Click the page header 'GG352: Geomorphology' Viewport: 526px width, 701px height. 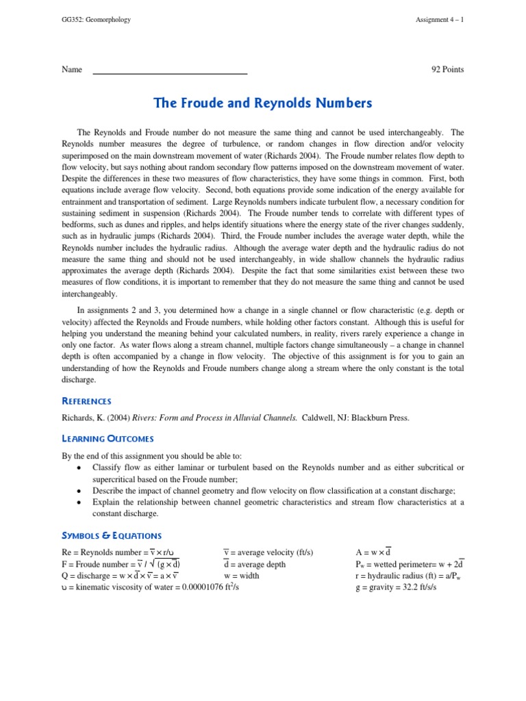[96, 19]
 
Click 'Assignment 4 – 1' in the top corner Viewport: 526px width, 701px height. [439, 19]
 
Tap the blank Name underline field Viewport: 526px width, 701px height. [170, 70]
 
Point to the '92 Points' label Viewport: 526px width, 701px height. [447, 69]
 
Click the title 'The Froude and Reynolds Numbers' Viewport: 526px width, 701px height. [263, 103]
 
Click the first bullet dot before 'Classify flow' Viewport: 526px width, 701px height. [80, 468]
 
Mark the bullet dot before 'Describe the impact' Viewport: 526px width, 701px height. [80, 491]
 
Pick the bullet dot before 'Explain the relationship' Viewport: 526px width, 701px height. [80, 502]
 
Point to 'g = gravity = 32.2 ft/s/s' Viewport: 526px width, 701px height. [397, 587]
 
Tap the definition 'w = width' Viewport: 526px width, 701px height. [241, 576]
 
